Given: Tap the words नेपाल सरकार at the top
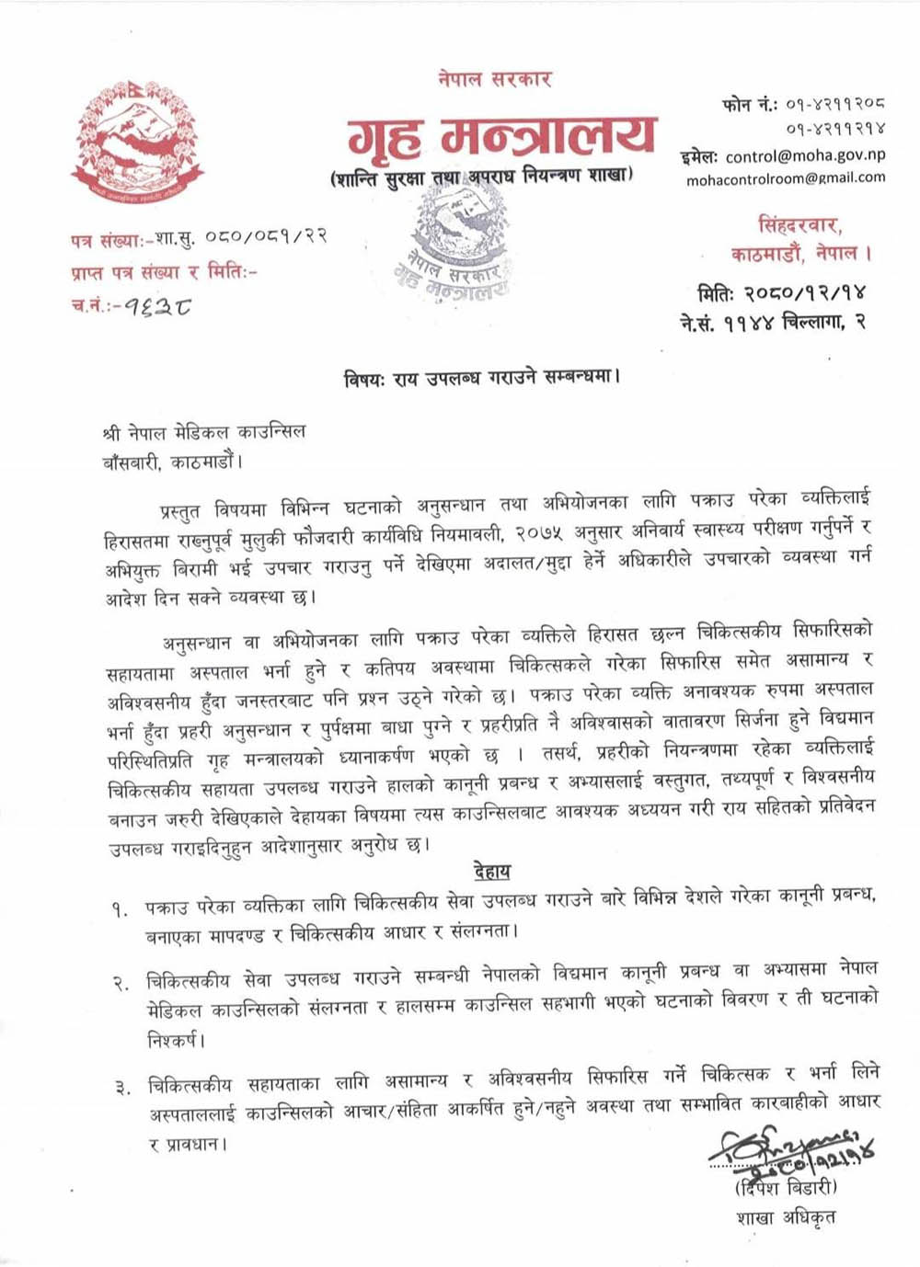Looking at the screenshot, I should coord(495,78).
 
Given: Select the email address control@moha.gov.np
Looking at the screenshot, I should coord(805,156).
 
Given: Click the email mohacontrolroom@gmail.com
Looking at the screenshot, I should coord(786,178).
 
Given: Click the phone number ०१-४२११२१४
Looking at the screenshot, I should coord(835,130).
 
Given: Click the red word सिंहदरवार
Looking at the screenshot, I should coord(800,224).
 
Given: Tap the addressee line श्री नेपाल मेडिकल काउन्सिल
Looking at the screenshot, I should coord(204,432).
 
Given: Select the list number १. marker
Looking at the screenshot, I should coord(121,909).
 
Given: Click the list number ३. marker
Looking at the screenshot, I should coord(121,1089).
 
